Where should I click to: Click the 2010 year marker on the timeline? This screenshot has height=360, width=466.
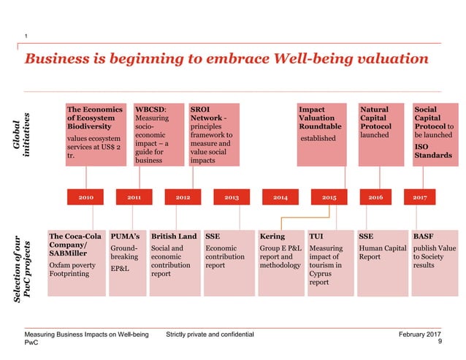tap(85, 198)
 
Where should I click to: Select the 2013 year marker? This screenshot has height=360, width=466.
tap(231, 198)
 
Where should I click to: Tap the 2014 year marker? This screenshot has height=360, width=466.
tap(280, 198)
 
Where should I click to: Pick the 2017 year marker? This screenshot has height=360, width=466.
tap(420, 198)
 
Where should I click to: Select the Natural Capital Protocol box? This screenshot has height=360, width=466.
tap(381, 135)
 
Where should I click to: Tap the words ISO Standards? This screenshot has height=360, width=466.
tap(432, 150)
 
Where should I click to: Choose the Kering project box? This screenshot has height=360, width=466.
tap(282, 263)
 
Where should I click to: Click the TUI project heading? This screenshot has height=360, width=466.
tap(316, 237)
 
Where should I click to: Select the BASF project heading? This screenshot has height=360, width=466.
tap(422, 237)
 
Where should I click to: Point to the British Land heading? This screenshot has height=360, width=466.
tap(174, 237)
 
